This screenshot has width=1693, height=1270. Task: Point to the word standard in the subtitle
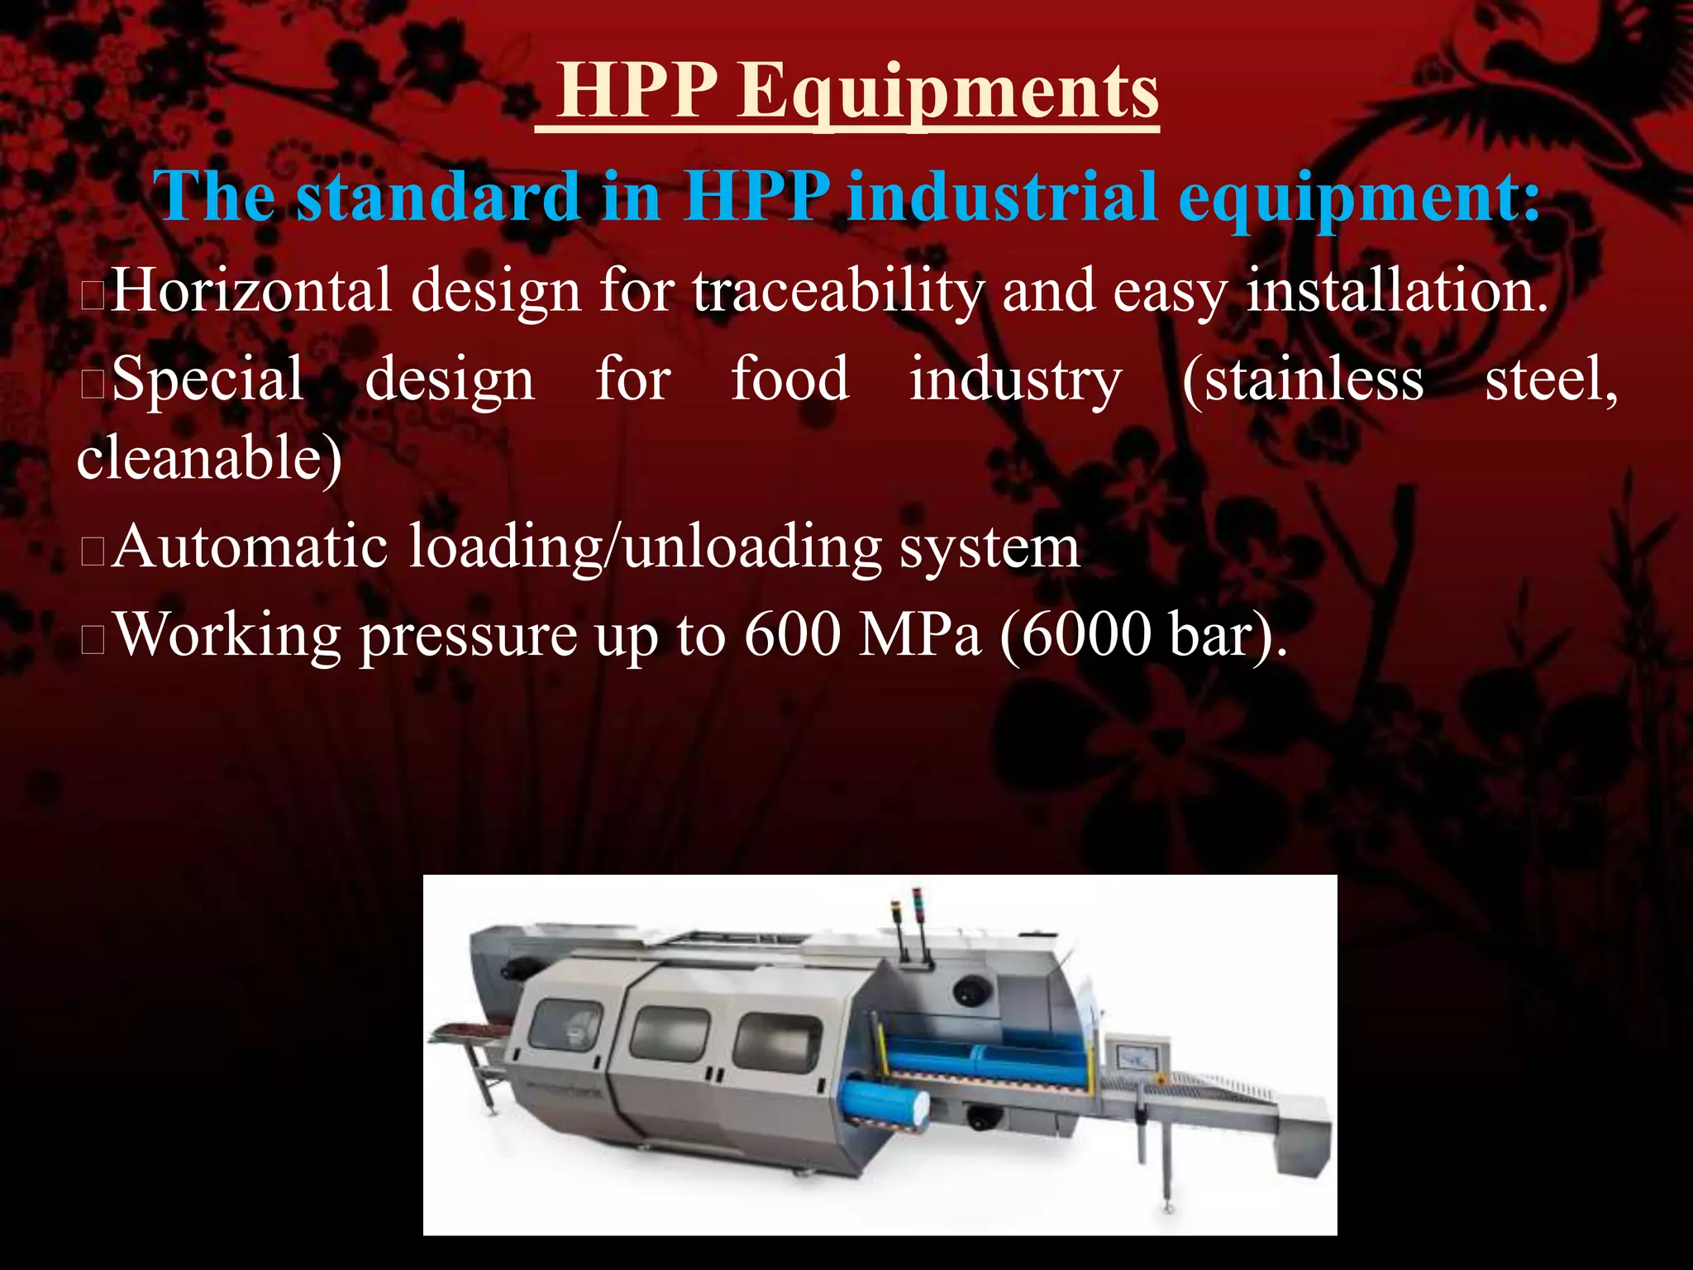pyautogui.click(x=438, y=197)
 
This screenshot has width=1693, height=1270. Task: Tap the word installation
pyautogui.click(x=1396, y=290)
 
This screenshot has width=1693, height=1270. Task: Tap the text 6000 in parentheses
pyautogui.click(x=1080, y=635)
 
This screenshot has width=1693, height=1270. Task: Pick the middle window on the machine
pyautogui.click(x=670, y=1034)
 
